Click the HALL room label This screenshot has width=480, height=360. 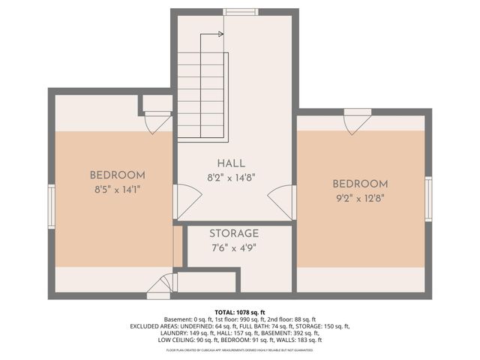(231, 163)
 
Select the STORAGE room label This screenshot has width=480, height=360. (234, 234)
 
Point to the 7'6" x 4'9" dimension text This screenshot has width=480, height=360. (234, 248)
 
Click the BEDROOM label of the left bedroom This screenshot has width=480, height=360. (117, 175)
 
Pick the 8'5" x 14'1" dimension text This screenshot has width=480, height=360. (117, 190)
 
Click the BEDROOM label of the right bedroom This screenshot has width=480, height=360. (360, 184)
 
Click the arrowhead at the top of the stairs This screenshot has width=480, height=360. (220, 34)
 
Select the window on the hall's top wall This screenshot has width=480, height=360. (240, 12)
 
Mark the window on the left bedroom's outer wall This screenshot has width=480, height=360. (52, 206)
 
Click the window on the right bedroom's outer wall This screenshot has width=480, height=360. (428, 199)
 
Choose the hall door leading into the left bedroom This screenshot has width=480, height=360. (187, 201)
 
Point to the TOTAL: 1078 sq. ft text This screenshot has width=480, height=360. (240, 311)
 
